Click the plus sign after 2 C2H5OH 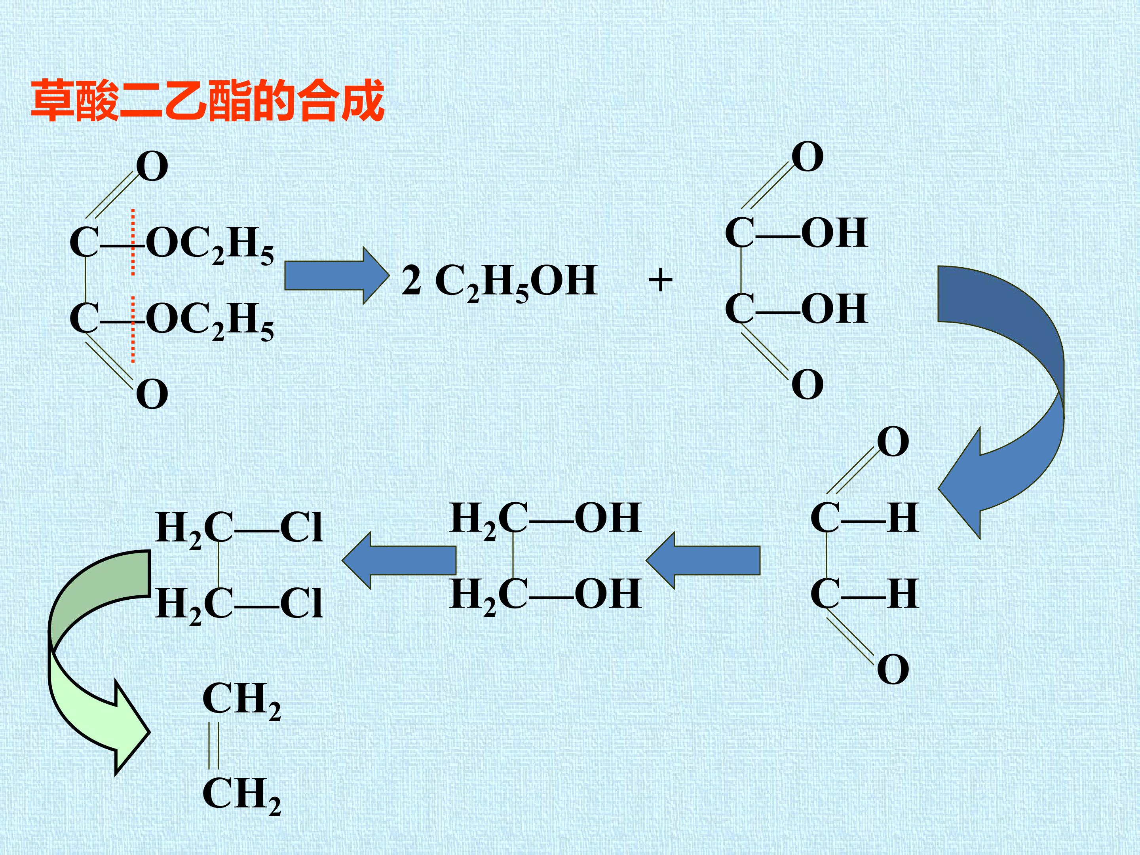660,281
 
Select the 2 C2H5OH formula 499,282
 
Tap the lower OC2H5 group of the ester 210,321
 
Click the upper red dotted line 133,242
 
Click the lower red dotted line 133,330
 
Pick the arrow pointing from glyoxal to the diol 703,560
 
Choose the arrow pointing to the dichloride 399,560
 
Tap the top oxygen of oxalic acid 807,157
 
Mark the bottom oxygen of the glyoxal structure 893,669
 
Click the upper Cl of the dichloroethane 302,528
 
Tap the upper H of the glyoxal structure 903,518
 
